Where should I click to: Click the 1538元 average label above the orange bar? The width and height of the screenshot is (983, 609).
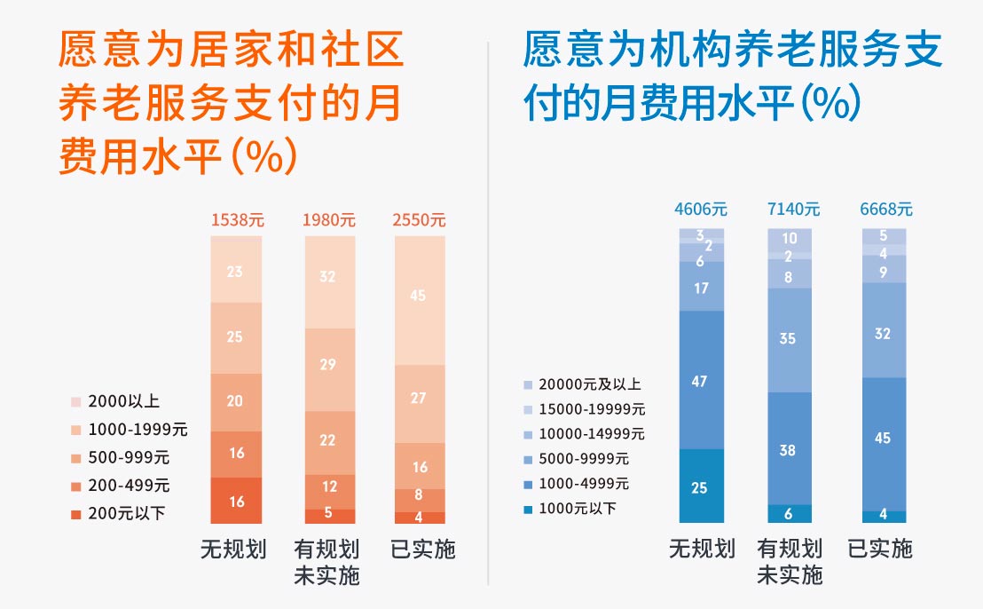pyautogui.click(x=236, y=220)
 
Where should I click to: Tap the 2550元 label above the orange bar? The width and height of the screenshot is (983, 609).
pyautogui.click(x=419, y=220)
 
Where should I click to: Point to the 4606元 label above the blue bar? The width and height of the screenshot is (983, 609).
pyautogui.click(x=701, y=210)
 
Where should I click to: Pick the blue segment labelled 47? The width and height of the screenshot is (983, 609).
pyautogui.click(x=701, y=380)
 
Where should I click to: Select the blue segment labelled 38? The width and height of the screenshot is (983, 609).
pyautogui.click(x=788, y=448)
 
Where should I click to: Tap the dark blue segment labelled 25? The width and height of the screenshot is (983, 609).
pyautogui.click(x=701, y=486)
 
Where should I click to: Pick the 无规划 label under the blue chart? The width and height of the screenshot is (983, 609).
pyautogui.click(x=702, y=550)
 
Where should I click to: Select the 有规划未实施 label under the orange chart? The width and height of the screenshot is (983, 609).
pyautogui.click(x=326, y=562)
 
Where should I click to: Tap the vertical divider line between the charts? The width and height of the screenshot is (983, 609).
pyautogui.click(x=489, y=311)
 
